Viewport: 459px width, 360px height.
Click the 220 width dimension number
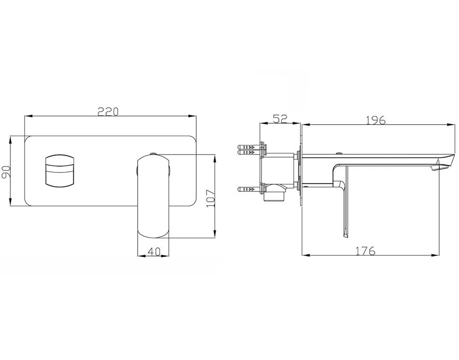click(x=108, y=111)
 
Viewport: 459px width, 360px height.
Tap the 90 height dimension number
click(x=6, y=171)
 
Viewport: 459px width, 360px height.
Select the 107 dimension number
click(x=210, y=198)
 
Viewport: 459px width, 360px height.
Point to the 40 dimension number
click(x=153, y=251)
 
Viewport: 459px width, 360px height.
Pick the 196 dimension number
click(x=376, y=120)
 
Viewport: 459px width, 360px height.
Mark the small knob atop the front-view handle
click(x=153, y=154)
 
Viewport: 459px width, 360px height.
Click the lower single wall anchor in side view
click(x=249, y=189)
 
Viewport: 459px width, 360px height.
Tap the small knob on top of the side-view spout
click(x=339, y=154)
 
